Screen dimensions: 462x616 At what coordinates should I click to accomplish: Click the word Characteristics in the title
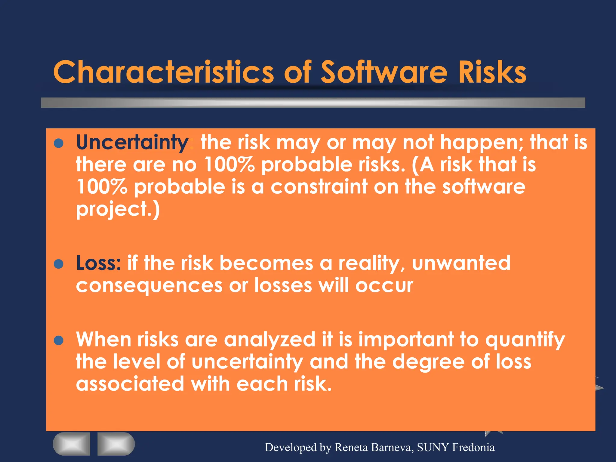tap(163, 72)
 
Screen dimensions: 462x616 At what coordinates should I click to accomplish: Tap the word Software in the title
tap(384, 72)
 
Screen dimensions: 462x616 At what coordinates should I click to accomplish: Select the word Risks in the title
tap(492, 72)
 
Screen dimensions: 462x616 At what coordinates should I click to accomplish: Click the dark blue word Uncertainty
tap(132, 143)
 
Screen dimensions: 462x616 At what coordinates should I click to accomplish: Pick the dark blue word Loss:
tap(98, 263)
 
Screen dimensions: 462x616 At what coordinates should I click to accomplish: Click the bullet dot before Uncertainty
tap(58, 143)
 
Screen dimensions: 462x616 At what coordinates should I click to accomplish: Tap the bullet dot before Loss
tap(58, 264)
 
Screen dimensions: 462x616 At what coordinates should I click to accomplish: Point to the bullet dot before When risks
tap(58, 340)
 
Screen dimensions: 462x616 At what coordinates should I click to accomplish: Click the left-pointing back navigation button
tap(71, 444)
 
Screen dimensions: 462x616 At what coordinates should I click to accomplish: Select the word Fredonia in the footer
tap(473, 448)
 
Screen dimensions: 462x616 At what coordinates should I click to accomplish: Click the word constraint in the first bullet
tap(319, 187)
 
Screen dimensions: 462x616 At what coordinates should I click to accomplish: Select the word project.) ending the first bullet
tap(118, 209)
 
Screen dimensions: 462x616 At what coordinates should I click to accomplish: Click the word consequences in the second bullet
tap(149, 285)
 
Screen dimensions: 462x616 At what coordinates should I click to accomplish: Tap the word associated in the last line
tap(130, 384)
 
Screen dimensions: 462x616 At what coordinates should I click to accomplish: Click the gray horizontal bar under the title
tap(313, 103)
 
